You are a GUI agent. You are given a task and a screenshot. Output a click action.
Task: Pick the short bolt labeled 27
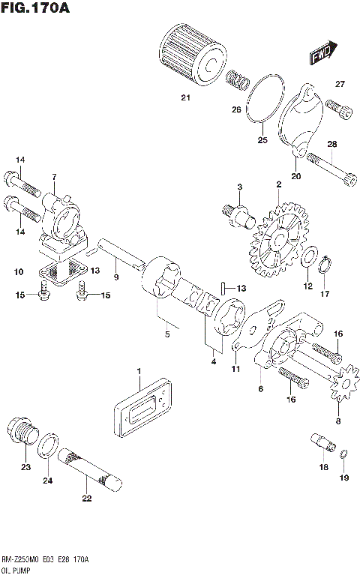[342, 110]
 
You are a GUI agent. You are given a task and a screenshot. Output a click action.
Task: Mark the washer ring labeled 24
[49, 446]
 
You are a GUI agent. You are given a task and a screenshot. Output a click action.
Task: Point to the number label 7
[54, 176]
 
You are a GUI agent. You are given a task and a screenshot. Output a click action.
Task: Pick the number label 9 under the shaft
[116, 278]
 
